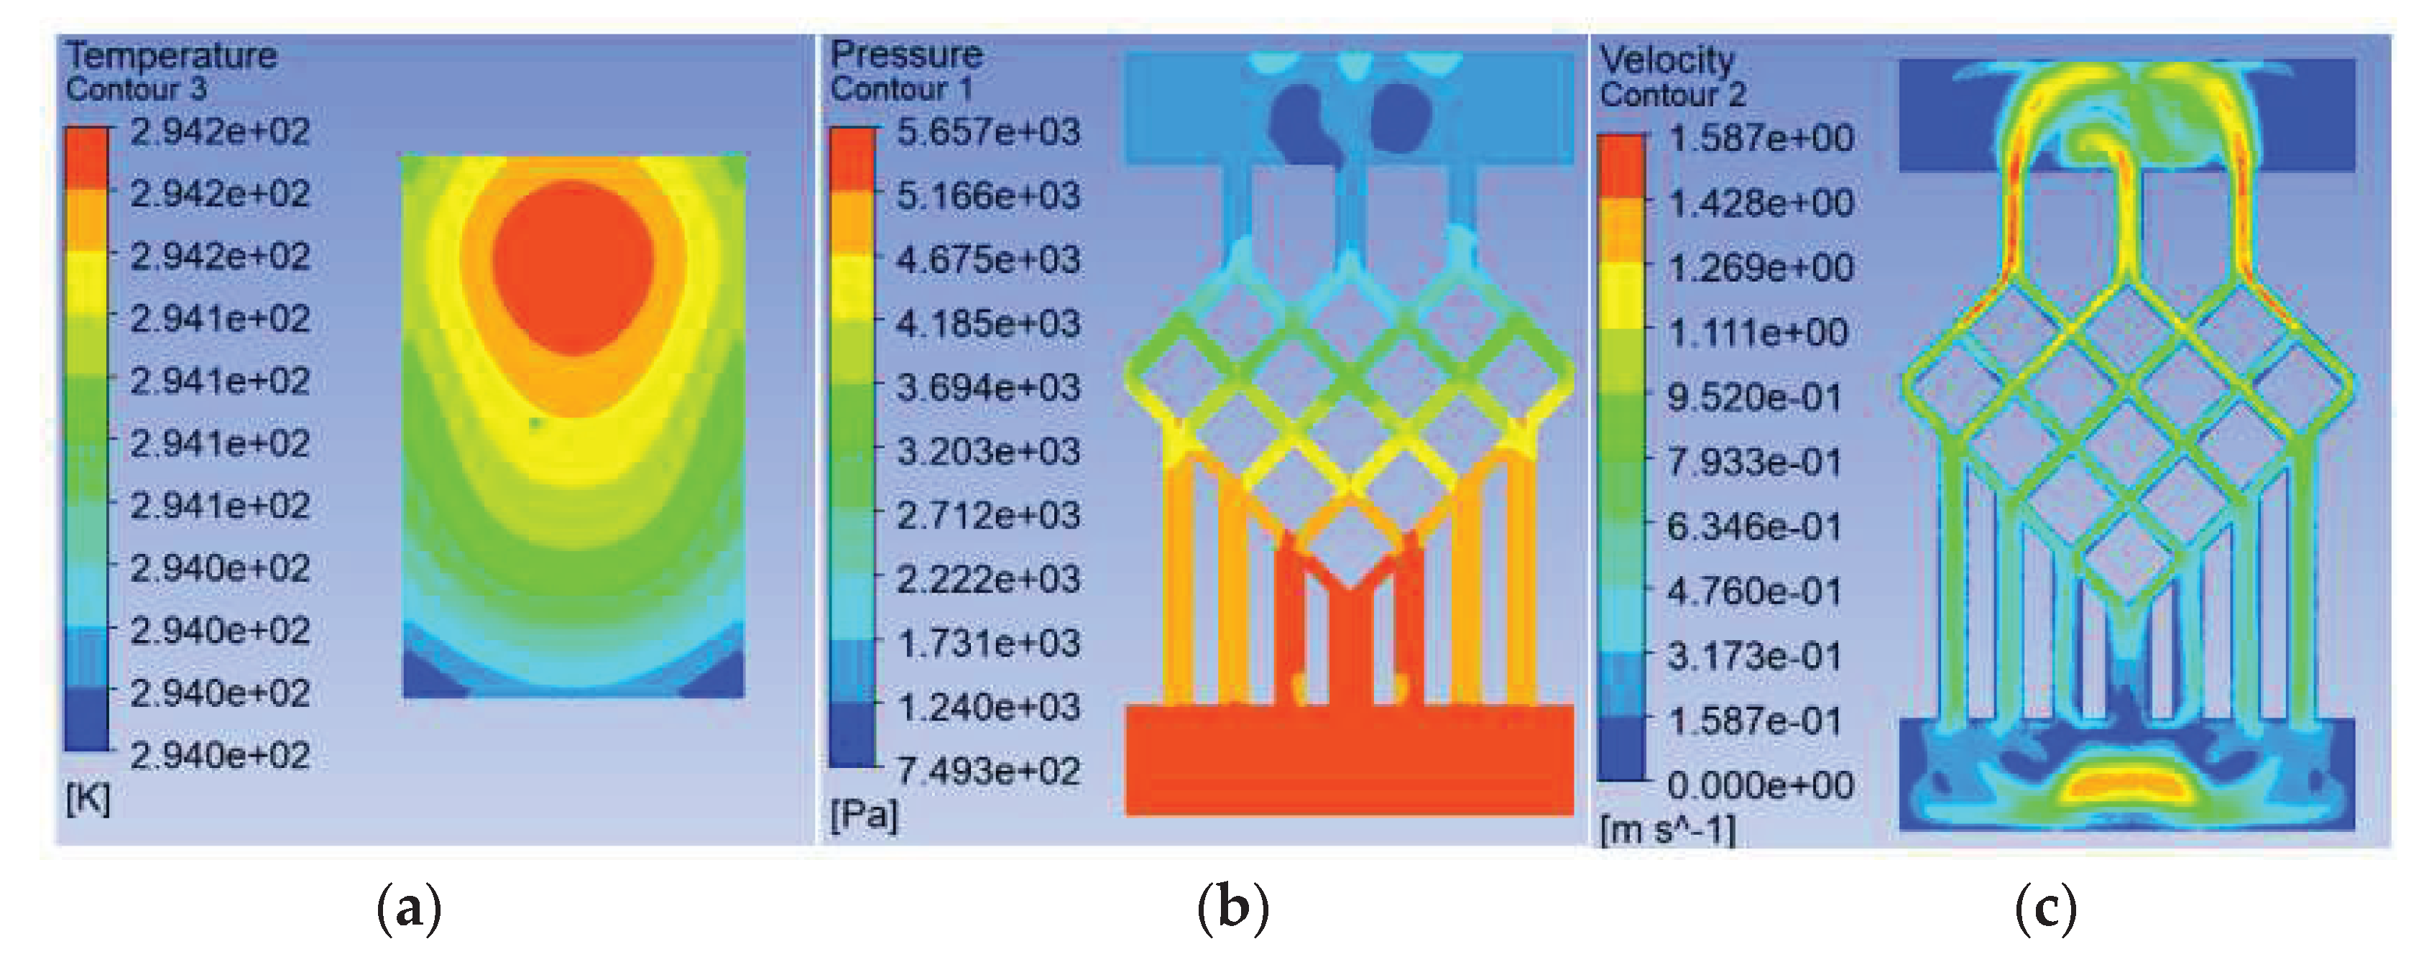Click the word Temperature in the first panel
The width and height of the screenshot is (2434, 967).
click(x=171, y=56)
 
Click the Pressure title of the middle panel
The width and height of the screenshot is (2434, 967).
click(x=906, y=54)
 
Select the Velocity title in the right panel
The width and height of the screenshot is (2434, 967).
click(x=1667, y=60)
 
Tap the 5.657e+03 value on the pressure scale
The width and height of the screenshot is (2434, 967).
click(x=987, y=132)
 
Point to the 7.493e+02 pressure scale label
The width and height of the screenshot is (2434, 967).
click(x=987, y=772)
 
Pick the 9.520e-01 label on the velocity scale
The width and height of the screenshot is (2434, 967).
click(x=1753, y=397)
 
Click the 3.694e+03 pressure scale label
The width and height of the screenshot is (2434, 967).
click(x=987, y=387)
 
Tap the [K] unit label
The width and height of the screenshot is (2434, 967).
click(x=88, y=800)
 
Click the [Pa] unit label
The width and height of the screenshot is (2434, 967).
click(x=864, y=814)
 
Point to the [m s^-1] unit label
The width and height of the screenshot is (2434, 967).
click(x=1668, y=831)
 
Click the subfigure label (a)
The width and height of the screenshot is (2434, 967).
click(x=408, y=909)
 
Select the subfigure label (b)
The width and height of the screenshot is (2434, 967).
click(x=1232, y=909)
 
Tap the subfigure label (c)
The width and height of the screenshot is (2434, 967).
click(x=2046, y=909)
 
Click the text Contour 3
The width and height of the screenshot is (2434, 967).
click(x=136, y=90)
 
